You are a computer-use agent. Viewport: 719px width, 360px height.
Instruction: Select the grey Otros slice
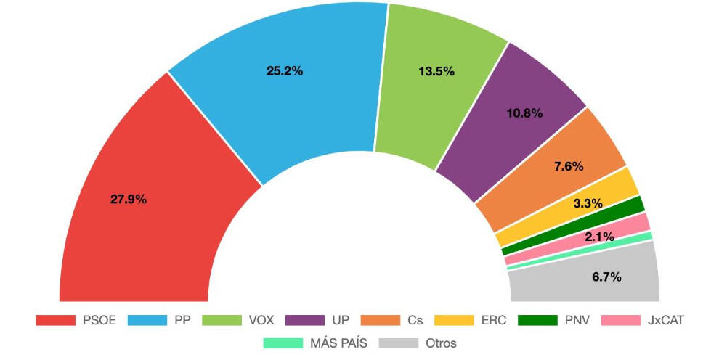(581, 279)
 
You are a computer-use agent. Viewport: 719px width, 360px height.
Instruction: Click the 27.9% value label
(129, 199)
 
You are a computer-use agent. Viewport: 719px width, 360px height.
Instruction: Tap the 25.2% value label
(285, 71)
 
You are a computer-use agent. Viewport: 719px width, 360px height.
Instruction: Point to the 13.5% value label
(436, 71)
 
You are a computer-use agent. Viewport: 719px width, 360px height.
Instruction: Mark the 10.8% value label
(524, 113)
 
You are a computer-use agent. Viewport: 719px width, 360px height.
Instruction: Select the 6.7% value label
(606, 277)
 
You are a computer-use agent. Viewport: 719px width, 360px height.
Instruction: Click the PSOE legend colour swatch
(55, 320)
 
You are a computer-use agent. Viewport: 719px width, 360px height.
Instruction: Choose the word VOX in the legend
(261, 320)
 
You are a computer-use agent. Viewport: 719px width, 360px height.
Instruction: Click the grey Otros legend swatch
(397, 343)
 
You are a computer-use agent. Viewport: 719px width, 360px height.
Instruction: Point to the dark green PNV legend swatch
(537, 320)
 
